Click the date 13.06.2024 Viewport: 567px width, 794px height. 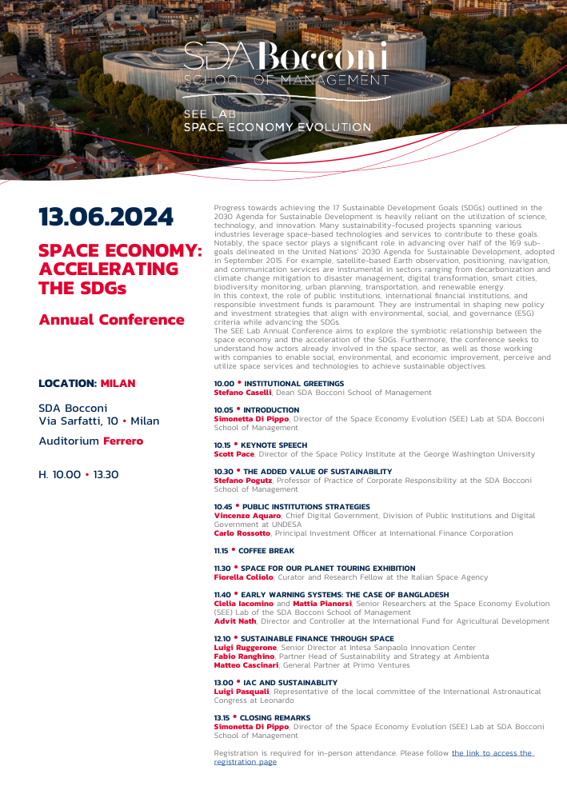tap(106, 217)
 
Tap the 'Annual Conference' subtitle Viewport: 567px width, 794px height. tap(111, 320)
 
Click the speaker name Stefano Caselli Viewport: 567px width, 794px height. tap(242, 393)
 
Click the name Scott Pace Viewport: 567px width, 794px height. tap(234, 453)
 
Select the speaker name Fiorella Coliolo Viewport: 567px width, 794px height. tap(243, 577)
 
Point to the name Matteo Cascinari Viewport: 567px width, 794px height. tap(246, 664)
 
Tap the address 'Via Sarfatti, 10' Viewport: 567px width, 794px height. tap(78, 421)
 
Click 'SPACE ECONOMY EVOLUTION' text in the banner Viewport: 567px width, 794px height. tap(278, 127)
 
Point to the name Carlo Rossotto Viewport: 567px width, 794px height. tap(242, 533)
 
